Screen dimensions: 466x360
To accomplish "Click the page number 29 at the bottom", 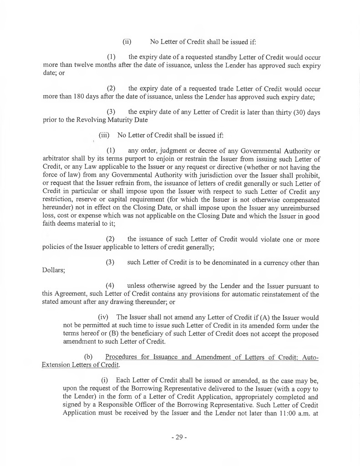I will point(180,437).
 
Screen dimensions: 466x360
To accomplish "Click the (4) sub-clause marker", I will point(110,286).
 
